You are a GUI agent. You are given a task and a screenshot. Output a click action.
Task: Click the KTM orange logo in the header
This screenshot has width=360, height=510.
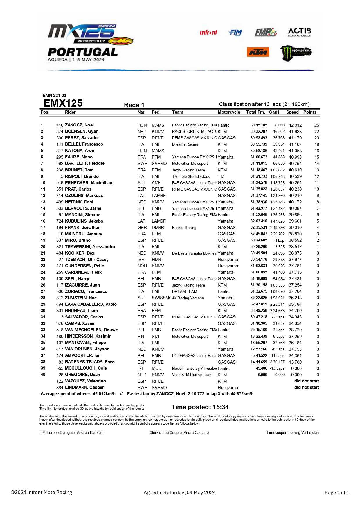click(x=258, y=52)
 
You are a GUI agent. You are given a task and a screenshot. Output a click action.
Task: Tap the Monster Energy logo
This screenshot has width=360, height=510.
click(x=295, y=53)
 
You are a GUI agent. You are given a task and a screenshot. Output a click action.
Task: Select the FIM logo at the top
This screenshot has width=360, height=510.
click(x=235, y=32)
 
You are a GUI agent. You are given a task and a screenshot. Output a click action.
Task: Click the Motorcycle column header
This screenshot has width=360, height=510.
click(x=229, y=112)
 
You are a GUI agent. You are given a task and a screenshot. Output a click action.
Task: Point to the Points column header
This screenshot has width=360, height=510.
click(x=310, y=112)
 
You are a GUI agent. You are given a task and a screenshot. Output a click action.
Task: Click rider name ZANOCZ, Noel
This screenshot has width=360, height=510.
click(x=79, y=125)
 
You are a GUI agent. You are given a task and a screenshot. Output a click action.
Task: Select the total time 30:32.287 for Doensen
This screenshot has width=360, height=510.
click(x=259, y=131)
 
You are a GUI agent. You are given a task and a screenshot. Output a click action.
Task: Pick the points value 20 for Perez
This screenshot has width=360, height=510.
click(x=316, y=138)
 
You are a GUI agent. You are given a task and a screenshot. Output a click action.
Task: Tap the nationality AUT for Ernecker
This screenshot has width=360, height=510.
click(x=142, y=183)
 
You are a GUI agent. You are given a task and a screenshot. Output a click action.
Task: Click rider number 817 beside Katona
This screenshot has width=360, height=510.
click(x=60, y=151)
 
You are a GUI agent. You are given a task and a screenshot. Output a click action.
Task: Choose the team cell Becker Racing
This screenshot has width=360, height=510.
click(x=184, y=228)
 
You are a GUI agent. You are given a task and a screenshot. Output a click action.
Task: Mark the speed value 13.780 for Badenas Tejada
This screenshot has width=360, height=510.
click(x=295, y=362)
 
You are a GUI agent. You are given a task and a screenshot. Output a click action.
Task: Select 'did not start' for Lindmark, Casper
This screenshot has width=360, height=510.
click(x=307, y=387)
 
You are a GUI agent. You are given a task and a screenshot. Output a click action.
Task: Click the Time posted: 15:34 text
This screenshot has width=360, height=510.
click(x=200, y=407)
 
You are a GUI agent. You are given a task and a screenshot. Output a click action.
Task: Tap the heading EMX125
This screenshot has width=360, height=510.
click(x=63, y=103)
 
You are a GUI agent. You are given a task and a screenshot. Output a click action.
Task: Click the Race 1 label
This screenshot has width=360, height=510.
click(x=134, y=105)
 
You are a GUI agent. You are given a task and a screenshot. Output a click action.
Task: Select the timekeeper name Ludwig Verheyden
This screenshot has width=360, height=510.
click(x=303, y=432)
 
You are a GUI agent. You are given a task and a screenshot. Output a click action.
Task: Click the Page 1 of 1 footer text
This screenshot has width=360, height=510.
click(x=336, y=492)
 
